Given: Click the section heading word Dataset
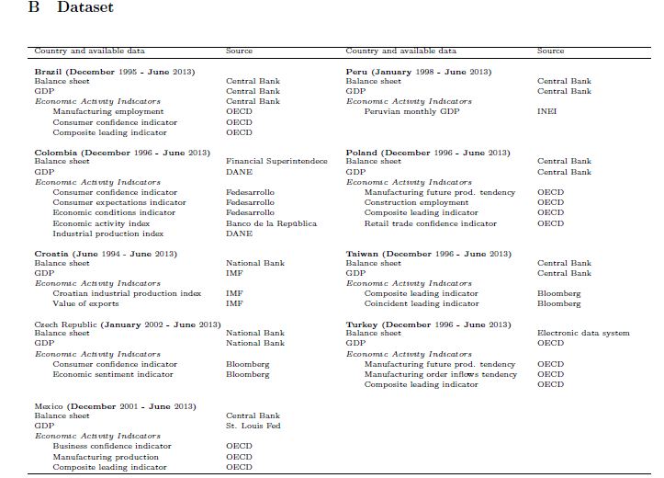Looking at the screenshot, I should [84, 8].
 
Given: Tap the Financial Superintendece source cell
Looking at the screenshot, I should [276, 162].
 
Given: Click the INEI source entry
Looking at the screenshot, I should [546, 111].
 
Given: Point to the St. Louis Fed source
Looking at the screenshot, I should [253, 427].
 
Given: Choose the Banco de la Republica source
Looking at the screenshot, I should [271, 223].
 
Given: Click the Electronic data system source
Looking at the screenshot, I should [583, 334].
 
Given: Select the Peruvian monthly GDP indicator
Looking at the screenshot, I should [411, 111].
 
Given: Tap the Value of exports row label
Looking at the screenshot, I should [85, 303].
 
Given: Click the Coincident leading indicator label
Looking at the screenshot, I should [421, 303].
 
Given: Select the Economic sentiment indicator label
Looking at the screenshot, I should [112, 375].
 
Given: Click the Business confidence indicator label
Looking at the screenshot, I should [111, 447].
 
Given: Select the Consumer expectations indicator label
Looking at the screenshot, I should [119, 203].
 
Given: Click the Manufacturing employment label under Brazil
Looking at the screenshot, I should [107, 111].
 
